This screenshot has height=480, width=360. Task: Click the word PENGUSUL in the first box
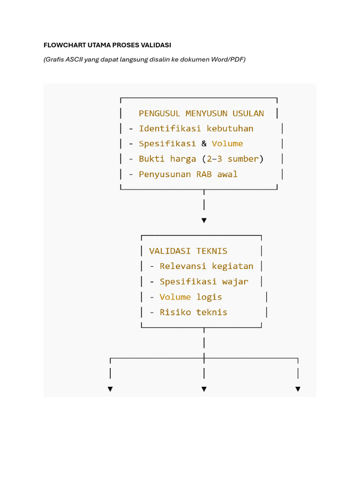click(x=159, y=113)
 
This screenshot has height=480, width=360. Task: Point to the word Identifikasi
click(x=170, y=128)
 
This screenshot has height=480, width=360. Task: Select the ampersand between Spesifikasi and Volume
click(x=204, y=143)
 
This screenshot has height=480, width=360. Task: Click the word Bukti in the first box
click(x=152, y=159)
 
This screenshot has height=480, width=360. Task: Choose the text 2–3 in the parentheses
click(x=214, y=159)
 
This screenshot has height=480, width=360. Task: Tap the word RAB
click(x=204, y=174)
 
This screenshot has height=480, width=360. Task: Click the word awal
click(x=227, y=174)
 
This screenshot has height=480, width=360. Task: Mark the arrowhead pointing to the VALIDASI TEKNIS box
click(x=204, y=220)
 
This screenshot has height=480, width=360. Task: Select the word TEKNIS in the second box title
click(x=212, y=251)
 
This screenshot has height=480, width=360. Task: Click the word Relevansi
click(x=183, y=266)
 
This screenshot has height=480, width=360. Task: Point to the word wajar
click(x=235, y=282)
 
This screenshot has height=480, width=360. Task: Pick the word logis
click(x=209, y=297)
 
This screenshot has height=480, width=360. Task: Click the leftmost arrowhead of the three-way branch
click(x=110, y=389)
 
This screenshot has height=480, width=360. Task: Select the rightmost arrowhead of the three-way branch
click(x=298, y=389)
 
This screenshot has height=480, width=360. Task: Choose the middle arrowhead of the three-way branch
click(x=204, y=389)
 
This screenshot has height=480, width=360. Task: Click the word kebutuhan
click(x=230, y=128)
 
